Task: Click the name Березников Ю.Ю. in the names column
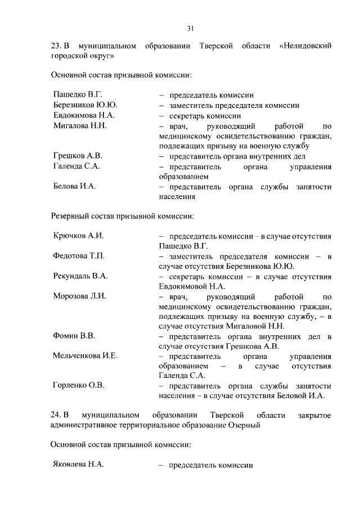[85, 105]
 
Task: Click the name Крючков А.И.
[78, 236]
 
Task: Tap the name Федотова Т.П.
[79, 256]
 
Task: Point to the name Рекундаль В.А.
[80, 276]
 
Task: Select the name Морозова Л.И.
[80, 296]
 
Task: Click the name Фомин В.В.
[74, 336]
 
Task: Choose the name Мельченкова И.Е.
[85, 357]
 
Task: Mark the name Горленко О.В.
[79, 385]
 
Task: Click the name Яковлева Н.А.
[79, 466]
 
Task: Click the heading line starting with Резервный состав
[123, 215]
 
